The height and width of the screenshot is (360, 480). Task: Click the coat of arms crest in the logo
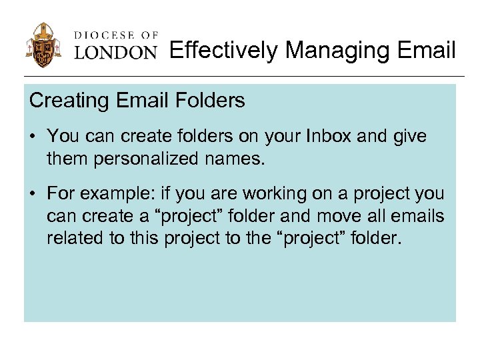[44, 45]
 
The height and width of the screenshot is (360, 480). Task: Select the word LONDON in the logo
[115, 53]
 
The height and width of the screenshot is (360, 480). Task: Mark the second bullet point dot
[33, 195]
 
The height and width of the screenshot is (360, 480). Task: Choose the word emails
[419, 216]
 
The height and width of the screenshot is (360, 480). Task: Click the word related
[73, 239]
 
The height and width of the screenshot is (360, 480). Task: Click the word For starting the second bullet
[61, 194]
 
